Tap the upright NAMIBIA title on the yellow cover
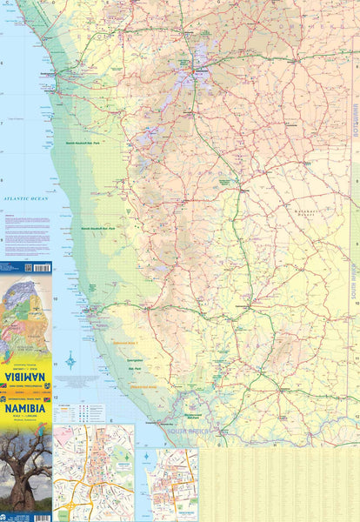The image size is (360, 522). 26,406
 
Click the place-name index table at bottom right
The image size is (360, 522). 278,484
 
